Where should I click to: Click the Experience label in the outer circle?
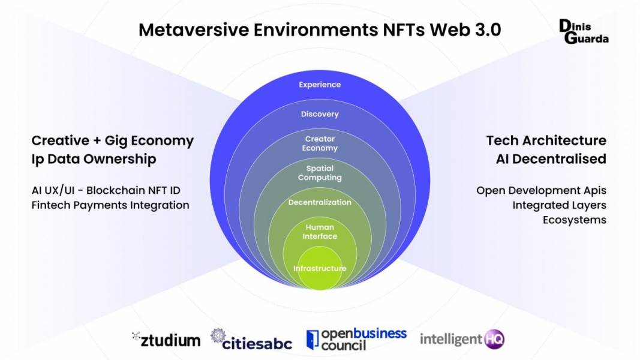[320, 85]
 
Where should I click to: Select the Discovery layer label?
[320, 114]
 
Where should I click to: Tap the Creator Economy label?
[320, 143]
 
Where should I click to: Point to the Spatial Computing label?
[320, 173]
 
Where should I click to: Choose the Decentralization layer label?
[320, 202]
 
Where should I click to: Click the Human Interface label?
[320, 232]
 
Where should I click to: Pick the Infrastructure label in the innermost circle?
[320, 268]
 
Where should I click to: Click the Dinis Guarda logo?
[584, 31]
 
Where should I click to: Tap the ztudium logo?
[166, 340]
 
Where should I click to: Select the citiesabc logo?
[251, 339]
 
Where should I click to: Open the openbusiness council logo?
[356, 339]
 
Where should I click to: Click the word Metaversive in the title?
[194, 30]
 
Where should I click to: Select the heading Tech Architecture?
[546, 140]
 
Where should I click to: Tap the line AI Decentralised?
[551, 159]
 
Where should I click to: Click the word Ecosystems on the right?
[574, 220]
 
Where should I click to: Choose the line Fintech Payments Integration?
[110, 205]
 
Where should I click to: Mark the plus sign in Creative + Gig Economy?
[97, 141]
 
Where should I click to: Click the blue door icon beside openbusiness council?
[313, 340]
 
